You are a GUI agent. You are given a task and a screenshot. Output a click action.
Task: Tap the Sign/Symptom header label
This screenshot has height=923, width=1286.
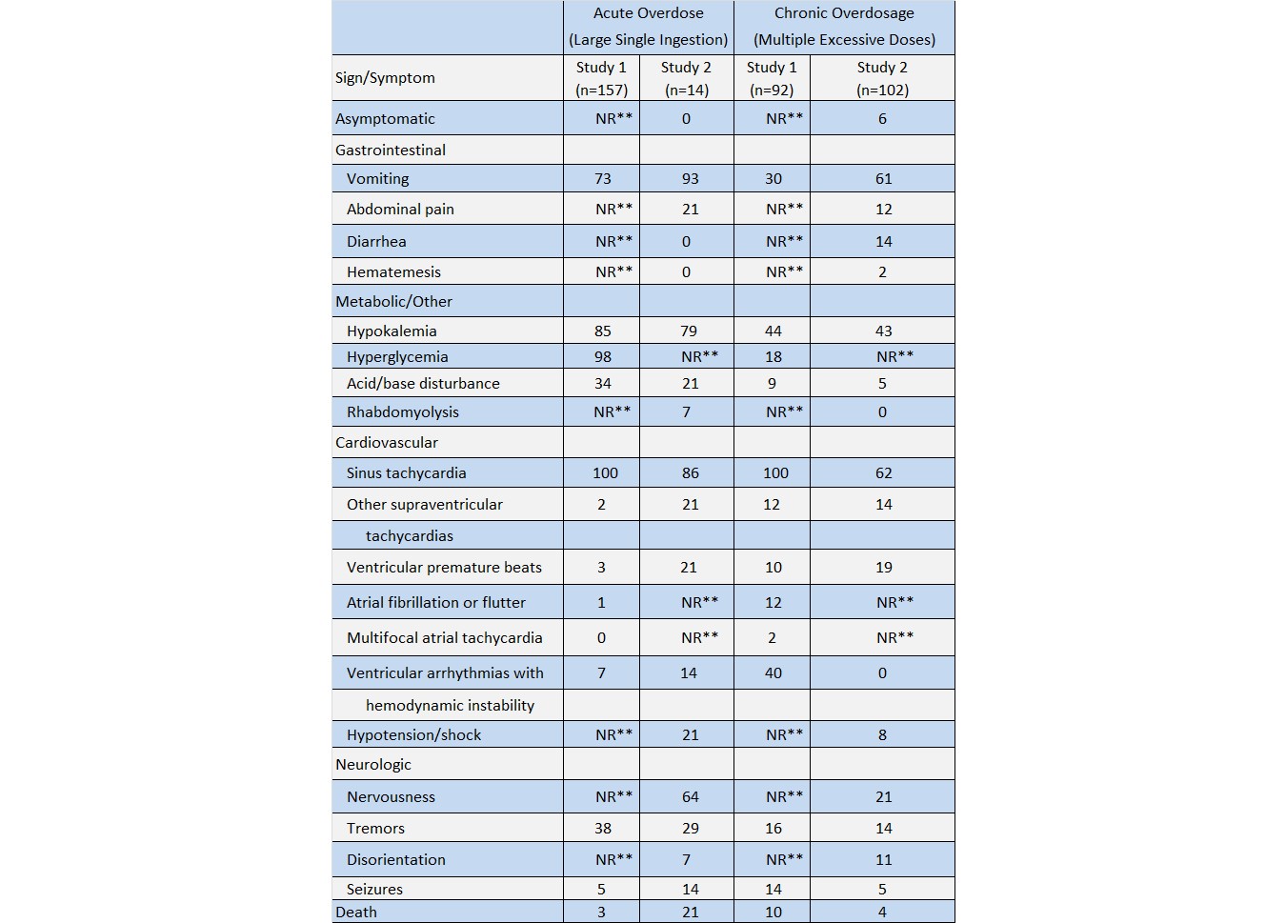tap(385, 77)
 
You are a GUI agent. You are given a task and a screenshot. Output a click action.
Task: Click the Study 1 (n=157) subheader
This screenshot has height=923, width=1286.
tap(601, 78)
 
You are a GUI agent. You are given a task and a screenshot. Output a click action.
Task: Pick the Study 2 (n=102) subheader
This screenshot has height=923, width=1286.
tap(882, 78)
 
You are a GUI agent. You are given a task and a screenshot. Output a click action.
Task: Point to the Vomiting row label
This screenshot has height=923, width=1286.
tap(377, 178)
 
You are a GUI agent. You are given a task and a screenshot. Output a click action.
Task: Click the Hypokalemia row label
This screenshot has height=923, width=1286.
tap(392, 331)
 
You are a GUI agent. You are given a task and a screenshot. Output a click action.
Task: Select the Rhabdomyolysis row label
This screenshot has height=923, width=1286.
tap(402, 411)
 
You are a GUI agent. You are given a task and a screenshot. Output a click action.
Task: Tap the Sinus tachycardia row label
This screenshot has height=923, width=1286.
tap(406, 472)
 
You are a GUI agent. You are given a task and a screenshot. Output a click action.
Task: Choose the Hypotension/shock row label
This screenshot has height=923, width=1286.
tap(413, 734)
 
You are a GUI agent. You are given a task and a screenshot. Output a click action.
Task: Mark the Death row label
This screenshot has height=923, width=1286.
tap(356, 912)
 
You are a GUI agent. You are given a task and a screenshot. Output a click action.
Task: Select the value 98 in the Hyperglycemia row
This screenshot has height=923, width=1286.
tap(602, 356)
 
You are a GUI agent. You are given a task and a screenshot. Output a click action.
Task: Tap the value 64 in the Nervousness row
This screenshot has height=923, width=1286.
tap(690, 796)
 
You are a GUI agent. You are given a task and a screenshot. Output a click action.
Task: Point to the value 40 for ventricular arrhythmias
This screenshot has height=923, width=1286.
tap(773, 672)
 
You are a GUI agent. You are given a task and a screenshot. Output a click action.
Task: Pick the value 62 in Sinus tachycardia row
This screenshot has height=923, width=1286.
tap(883, 472)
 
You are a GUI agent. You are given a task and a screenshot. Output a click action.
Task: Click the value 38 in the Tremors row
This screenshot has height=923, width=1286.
tap(602, 828)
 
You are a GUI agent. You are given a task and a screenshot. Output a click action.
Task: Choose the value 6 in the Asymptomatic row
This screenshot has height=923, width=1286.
tap(882, 118)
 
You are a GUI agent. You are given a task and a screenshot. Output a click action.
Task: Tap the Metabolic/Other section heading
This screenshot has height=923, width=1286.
tap(393, 301)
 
